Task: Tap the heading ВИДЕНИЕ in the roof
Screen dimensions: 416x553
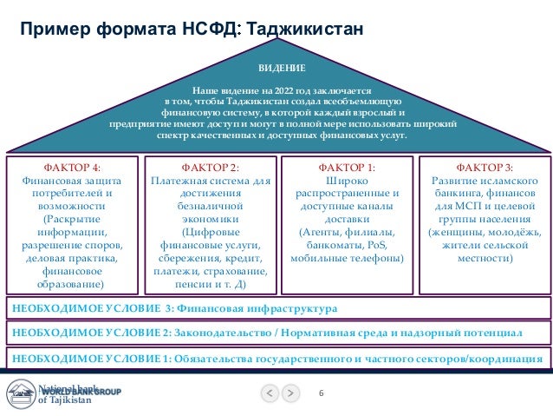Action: pyautogui.click(x=276, y=68)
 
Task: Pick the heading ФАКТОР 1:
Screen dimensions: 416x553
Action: pyautogui.click(x=347, y=167)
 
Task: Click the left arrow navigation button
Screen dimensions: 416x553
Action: pyautogui.click(x=270, y=393)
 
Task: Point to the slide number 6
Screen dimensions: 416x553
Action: pyautogui.click(x=321, y=394)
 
